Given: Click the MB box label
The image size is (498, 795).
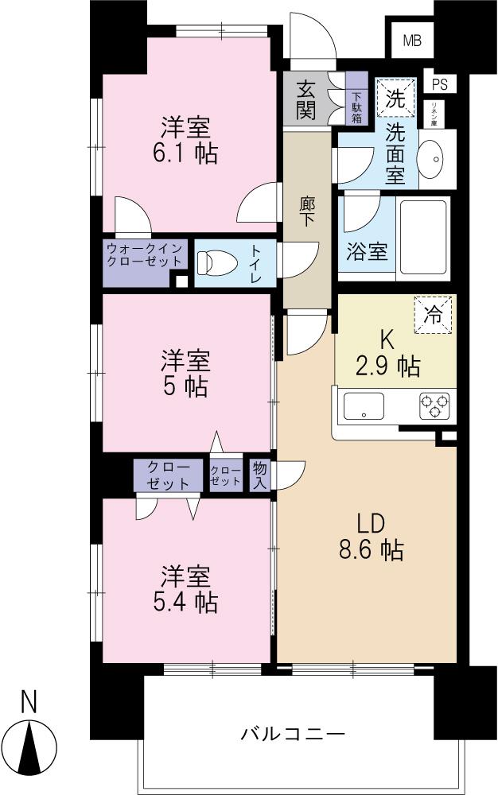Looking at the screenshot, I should (411, 41).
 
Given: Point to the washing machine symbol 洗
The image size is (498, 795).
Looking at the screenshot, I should (395, 98).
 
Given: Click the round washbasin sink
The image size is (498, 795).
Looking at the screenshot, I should (435, 157).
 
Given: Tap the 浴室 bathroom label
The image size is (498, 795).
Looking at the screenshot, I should (367, 251).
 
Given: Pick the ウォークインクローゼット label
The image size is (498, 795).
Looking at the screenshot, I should (146, 255).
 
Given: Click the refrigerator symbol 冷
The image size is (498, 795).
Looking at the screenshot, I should (432, 313).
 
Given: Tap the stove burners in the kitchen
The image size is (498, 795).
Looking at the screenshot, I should (434, 405).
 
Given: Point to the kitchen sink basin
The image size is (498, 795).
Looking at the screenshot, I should (364, 405).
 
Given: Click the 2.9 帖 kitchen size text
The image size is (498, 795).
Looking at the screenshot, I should (387, 366).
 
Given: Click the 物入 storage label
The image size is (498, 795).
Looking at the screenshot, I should (260, 475).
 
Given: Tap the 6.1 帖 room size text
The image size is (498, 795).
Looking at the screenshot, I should (185, 153).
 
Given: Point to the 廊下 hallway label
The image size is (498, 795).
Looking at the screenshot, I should (307, 211).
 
